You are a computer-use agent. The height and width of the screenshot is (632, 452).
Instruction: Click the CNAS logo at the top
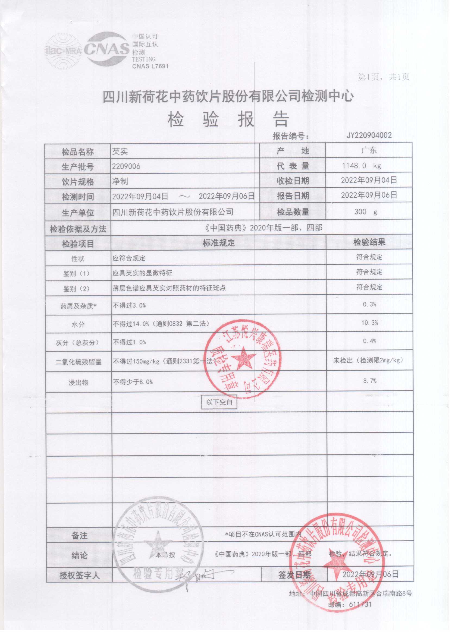(x=107, y=49)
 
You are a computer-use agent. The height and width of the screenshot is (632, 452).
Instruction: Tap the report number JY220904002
(x=369, y=135)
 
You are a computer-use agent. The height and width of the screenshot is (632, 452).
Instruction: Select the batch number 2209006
(x=126, y=166)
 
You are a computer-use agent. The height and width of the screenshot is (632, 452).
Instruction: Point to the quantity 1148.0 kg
(x=361, y=166)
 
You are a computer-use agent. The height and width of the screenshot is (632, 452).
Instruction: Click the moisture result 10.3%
(x=369, y=323)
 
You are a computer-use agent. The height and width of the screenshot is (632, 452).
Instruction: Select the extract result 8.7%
(x=370, y=381)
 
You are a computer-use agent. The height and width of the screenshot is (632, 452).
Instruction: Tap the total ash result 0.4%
(x=369, y=341)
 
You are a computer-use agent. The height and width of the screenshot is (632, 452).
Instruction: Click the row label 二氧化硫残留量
(x=78, y=362)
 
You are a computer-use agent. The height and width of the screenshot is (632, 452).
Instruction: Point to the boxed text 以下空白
(x=219, y=402)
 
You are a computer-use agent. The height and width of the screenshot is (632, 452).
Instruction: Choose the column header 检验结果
(x=369, y=242)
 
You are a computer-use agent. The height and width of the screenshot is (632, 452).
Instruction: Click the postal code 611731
(x=360, y=604)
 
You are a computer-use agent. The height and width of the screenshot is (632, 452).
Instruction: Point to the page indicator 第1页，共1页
(x=383, y=77)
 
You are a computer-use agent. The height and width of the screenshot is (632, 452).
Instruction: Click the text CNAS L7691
(x=150, y=66)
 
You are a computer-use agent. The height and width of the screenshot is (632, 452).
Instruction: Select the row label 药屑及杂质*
(x=78, y=306)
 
